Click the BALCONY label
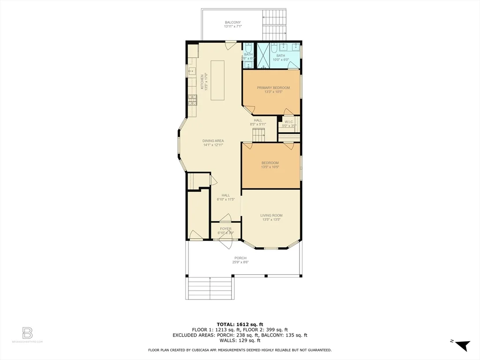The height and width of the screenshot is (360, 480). point(232,22)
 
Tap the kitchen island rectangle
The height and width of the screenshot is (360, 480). point(217,80)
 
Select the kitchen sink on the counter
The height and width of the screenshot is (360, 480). point(192,71)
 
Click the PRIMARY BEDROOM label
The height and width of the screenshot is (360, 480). point(273,88)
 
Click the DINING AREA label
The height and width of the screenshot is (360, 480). point(213,141)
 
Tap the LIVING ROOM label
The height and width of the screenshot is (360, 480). point(271,216)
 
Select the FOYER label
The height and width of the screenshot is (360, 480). point(225,229)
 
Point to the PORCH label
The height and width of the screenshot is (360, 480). point(240,258)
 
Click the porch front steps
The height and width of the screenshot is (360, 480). point(210,288)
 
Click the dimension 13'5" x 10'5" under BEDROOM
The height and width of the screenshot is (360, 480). point(270,167)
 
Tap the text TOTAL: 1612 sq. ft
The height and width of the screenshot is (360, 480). point(240,324)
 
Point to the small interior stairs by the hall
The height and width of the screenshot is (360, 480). point(259,135)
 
